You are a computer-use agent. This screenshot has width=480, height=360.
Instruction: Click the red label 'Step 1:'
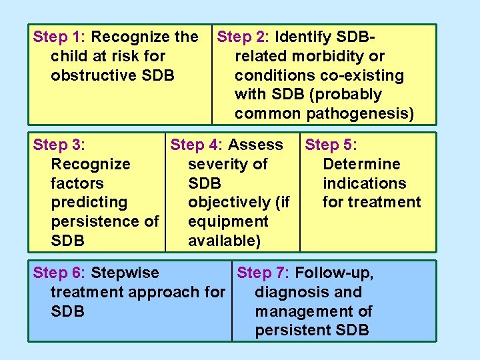[59, 37]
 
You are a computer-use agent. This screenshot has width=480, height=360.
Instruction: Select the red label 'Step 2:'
[243, 37]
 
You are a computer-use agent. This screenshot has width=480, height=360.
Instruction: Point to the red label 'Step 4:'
[197, 145]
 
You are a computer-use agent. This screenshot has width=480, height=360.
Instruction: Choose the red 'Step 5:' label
[331, 145]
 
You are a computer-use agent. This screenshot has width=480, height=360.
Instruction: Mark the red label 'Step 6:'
[59, 273]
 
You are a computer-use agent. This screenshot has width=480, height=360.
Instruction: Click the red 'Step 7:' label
[263, 273]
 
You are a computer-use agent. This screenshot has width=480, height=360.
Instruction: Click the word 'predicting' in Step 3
[89, 202]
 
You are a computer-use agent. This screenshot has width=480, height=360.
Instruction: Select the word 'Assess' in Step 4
[255, 145]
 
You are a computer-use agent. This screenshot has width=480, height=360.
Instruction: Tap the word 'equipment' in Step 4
[228, 221]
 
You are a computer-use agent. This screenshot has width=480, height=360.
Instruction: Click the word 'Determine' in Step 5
[361, 164]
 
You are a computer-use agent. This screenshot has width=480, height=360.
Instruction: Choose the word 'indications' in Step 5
[364, 183]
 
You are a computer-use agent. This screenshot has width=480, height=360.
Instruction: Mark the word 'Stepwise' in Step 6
[125, 273]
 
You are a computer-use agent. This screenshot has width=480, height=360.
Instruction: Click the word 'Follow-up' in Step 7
[334, 273]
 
